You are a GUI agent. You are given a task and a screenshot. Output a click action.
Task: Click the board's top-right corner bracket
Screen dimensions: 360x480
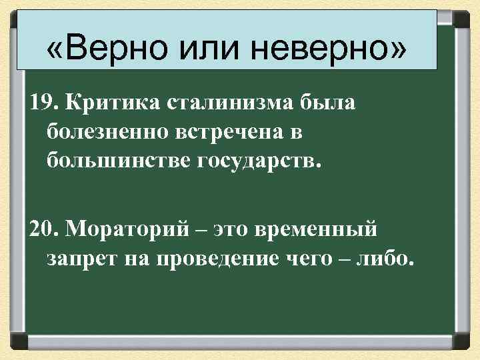(462, 18)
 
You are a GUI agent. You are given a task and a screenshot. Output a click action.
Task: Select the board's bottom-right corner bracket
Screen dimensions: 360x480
(462, 341)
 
